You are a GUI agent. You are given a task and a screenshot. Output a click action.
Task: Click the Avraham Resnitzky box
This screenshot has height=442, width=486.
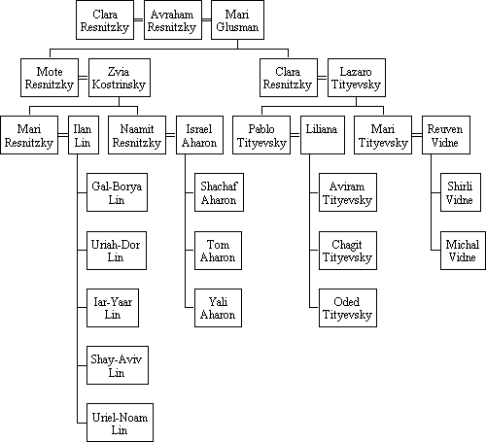[x=173, y=20]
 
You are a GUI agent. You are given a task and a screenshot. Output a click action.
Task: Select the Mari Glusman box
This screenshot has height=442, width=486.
[x=237, y=20]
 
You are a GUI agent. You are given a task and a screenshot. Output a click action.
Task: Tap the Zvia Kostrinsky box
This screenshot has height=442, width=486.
[x=120, y=78]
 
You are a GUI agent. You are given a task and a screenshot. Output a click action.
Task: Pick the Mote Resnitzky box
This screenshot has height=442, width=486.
[x=50, y=78]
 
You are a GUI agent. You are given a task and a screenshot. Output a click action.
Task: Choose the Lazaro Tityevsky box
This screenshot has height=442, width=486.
[x=357, y=78]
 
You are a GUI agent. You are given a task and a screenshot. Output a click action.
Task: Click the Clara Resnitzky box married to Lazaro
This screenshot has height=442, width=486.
[x=289, y=78]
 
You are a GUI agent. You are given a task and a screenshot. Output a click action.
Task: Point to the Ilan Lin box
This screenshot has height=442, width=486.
[x=84, y=135]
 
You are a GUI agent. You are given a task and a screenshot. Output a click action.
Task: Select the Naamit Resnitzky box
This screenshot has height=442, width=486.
[x=137, y=135]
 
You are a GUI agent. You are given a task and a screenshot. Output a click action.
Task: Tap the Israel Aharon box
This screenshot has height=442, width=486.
[x=199, y=135]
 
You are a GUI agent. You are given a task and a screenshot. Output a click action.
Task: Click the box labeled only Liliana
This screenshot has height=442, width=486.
[x=323, y=135]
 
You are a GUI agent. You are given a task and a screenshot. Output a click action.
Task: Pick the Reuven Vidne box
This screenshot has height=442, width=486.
[x=446, y=135]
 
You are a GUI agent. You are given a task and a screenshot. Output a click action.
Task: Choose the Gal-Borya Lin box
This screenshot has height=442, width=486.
[x=117, y=192]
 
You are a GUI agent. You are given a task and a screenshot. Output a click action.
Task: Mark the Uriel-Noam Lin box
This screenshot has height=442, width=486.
[x=120, y=423]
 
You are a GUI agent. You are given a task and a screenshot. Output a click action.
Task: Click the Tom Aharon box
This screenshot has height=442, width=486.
[x=218, y=251]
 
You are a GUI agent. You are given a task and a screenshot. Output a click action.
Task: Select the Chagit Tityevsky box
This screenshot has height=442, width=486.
[x=348, y=251]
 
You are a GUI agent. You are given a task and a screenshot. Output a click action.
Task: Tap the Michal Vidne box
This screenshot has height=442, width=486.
[x=463, y=251]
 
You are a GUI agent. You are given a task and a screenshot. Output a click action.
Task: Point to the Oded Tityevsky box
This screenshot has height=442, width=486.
[x=348, y=308]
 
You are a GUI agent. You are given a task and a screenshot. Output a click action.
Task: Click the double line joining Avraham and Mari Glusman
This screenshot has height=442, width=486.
[x=206, y=20]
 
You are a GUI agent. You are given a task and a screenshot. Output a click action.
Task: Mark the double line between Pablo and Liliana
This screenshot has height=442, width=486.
[x=295, y=135]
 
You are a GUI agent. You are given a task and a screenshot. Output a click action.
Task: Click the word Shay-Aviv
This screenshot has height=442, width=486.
[x=117, y=359]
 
